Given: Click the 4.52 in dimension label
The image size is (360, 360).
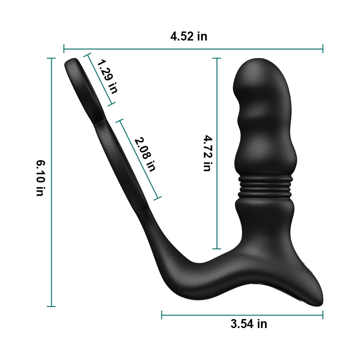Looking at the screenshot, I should click(x=189, y=36).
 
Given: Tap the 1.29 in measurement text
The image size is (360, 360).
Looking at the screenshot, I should click(x=107, y=76).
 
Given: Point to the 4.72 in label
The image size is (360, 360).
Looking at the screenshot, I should click(x=207, y=153).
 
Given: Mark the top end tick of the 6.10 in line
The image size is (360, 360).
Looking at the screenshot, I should click(x=51, y=58).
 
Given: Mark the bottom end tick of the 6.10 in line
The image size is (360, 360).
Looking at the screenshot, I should click(x=51, y=306).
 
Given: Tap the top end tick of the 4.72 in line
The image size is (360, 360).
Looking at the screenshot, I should click(x=217, y=58).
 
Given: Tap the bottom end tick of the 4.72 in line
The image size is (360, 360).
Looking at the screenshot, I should click(x=217, y=249).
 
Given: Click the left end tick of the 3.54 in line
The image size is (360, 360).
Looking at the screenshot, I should click(x=162, y=315).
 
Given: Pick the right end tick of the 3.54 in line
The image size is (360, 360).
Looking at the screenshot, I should click(x=323, y=315).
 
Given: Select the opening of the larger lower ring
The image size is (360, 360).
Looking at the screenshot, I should click(x=121, y=166).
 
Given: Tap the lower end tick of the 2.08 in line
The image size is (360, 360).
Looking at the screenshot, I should click(x=157, y=198).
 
